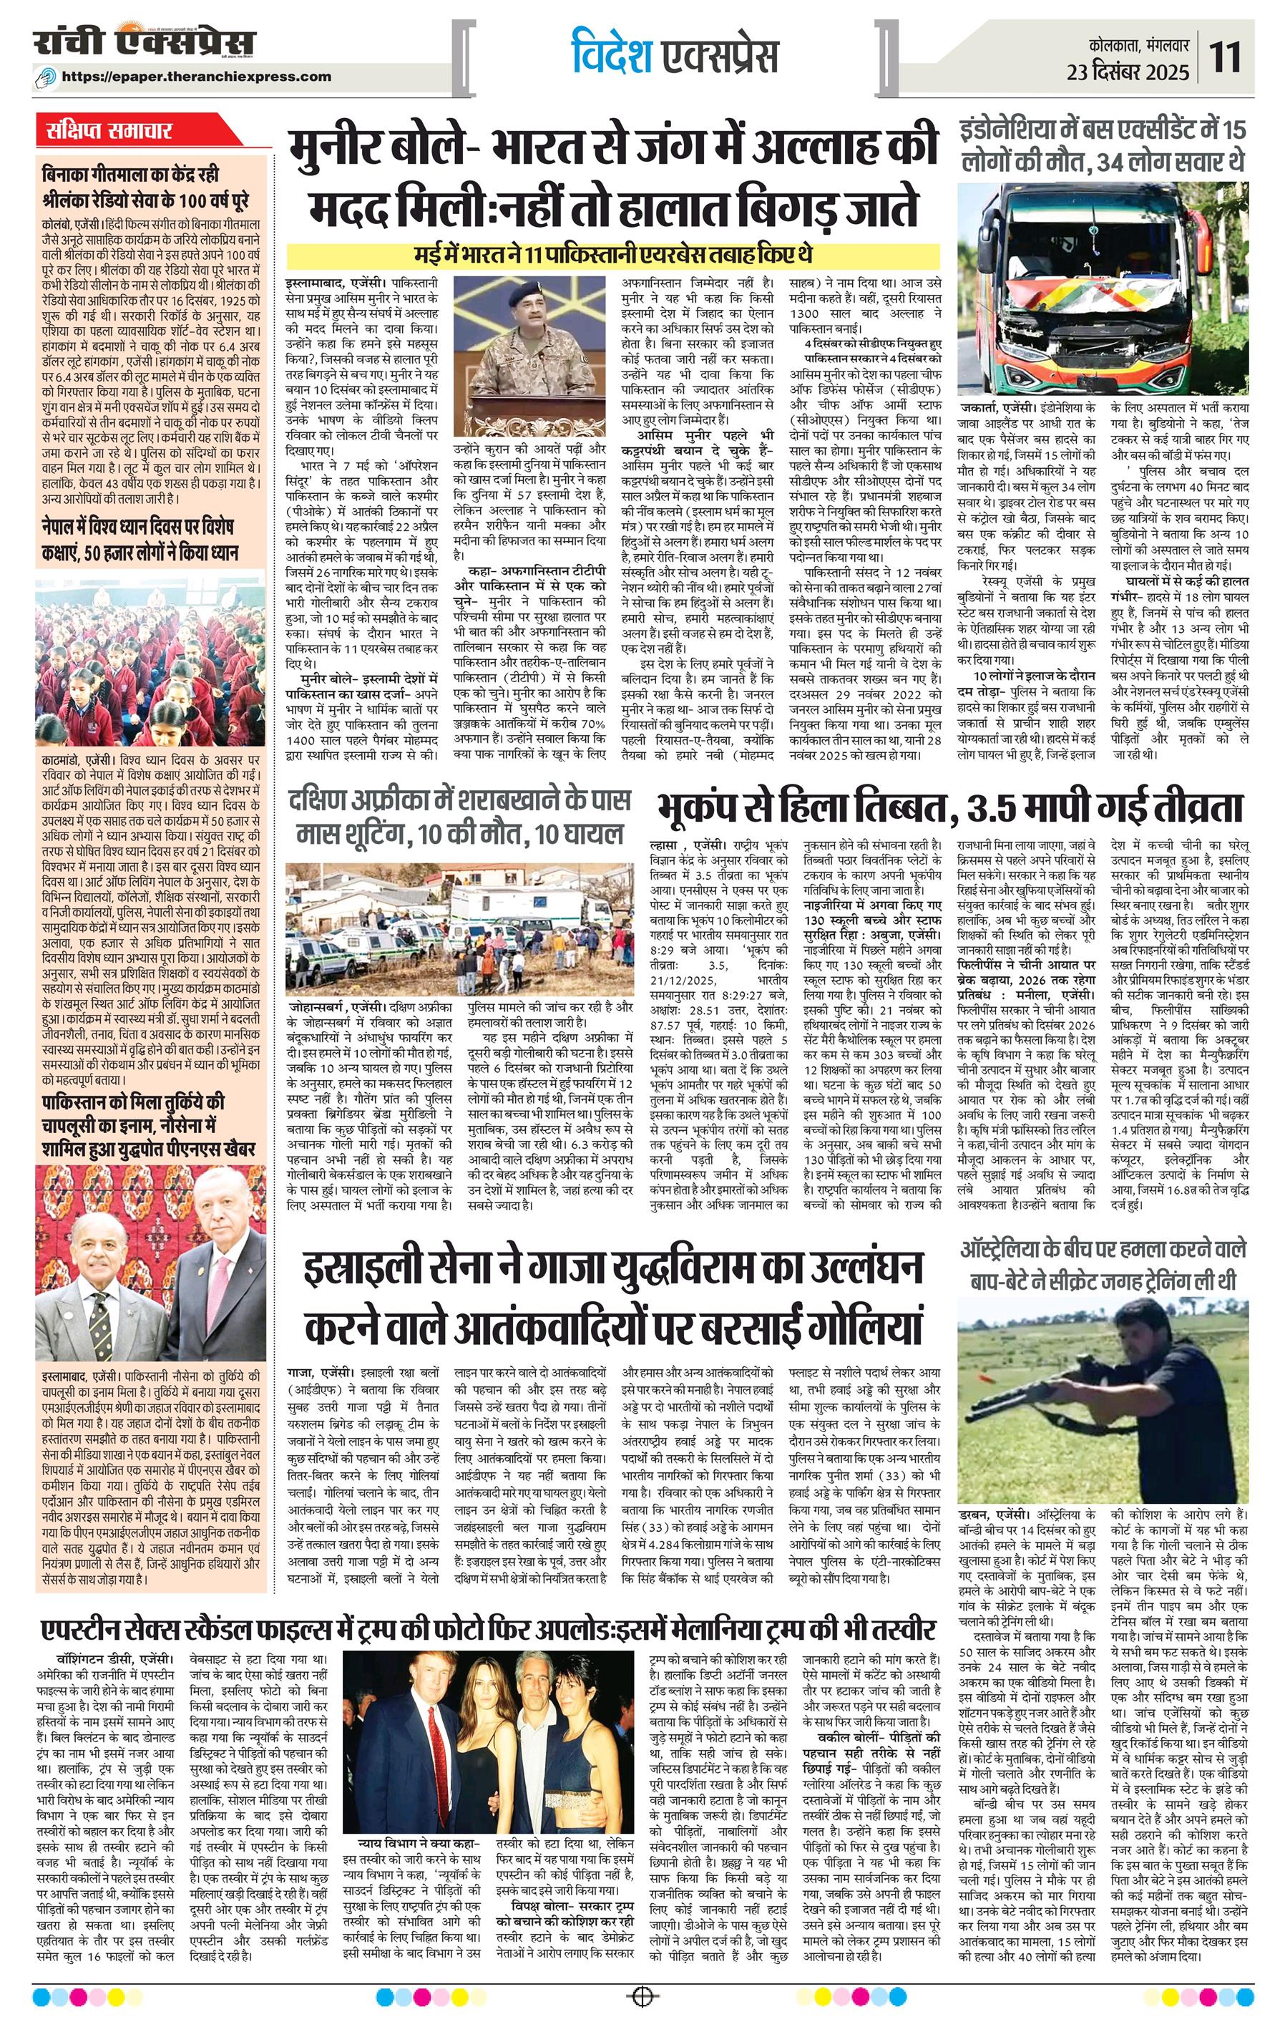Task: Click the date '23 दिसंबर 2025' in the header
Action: (x=1128, y=72)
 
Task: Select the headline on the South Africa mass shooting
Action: (x=459, y=817)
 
